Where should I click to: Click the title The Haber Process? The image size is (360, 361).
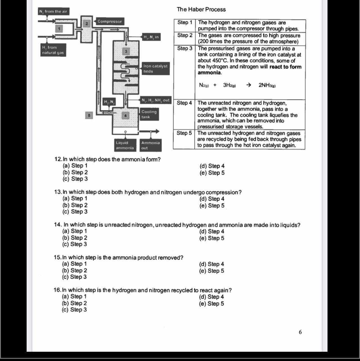click(x=201, y=9)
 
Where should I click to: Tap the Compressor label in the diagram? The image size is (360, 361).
click(x=109, y=21)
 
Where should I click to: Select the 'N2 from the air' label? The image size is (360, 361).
click(x=53, y=12)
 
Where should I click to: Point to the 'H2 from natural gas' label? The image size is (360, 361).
click(x=53, y=50)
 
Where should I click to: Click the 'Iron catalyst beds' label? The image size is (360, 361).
click(x=155, y=69)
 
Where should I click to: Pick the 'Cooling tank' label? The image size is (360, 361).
click(x=149, y=114)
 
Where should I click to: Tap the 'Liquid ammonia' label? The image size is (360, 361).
click(x=125, y=145)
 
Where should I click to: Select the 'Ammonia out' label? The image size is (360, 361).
click(x=150, y=145)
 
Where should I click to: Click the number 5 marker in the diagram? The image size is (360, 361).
click(x=89, y=115)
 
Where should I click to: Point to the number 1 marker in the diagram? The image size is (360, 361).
click(x=59, y=28)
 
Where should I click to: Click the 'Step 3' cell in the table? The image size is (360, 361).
click(x=184, y=48)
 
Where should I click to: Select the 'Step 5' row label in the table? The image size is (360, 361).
click(x=184, y=133)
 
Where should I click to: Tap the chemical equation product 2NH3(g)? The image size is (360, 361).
click(x=267, y=85)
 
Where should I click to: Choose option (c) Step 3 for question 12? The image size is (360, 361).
click(x=75, y=179)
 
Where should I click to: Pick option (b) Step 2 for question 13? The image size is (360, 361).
click(x=75, y=205)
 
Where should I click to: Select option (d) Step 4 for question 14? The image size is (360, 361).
click(x=212, y=231)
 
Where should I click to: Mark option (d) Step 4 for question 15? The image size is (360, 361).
click(x=211, y=264)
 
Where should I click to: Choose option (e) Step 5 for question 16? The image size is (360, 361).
click(x=211, y=304)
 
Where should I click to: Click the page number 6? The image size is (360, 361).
click(x=300, y=332)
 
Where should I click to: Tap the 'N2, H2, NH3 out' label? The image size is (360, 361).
click(x=156, y=100)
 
